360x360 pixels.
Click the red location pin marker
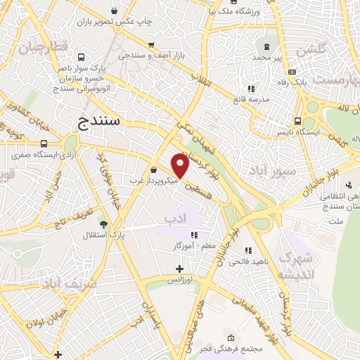pos(180,165)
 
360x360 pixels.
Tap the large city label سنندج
pos(98,122)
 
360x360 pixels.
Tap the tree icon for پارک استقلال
pos(105,224)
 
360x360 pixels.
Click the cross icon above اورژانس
pos(179,268)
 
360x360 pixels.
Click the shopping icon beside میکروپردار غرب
pos(154,169)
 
